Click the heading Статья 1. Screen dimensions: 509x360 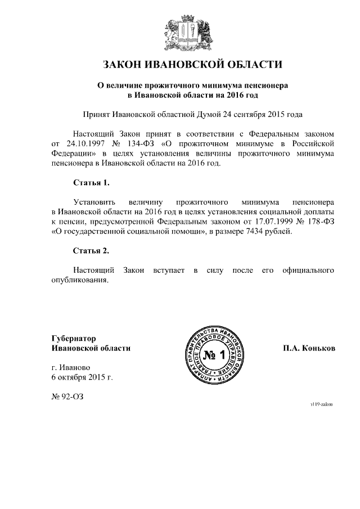click(x=91, y=183)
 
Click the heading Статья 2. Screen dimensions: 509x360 click(x=91, y=250)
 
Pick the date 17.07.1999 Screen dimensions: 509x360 click(x=271, y=221)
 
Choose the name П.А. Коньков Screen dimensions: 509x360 click(x=309, y=348)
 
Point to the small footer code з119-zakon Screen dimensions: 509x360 click(x=321, y=404)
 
